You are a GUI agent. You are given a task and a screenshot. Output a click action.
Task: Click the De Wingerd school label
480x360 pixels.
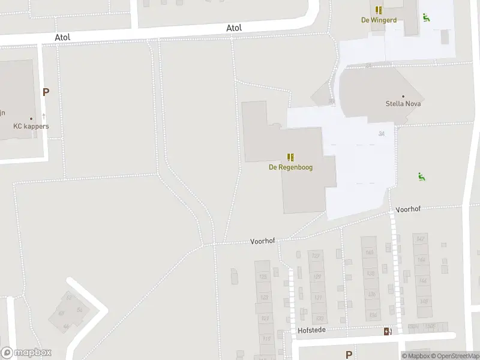tap(379, 20)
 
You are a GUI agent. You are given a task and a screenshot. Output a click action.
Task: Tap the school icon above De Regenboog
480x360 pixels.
tap(290, 157)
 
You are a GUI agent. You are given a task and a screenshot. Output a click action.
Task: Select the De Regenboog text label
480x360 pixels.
tap(290, 167)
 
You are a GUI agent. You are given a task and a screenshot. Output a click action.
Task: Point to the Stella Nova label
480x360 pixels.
tap(403, 104)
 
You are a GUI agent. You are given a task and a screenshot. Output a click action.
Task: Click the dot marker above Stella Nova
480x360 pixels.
tap(403, 96)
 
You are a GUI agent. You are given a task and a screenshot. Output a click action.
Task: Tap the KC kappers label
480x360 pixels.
tap(31, 127)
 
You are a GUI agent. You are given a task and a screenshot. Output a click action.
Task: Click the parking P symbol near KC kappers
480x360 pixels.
tap(46, 92)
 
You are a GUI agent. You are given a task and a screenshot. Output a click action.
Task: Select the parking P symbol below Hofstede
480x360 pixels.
tap(349, 355)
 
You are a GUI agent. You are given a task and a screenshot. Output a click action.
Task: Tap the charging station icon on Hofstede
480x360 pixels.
tap(388, 331)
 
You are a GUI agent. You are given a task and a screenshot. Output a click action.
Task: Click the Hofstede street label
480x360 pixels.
tap(311, 330)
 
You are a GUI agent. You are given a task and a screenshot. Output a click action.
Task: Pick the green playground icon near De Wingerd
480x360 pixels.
tap(427, 17)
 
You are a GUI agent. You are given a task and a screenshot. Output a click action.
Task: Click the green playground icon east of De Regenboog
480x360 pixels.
tap(422, 176)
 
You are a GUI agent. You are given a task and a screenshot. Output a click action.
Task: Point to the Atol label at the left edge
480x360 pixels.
tap(62, 37)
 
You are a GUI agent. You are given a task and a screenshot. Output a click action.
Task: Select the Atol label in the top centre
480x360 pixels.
tap(234, 28)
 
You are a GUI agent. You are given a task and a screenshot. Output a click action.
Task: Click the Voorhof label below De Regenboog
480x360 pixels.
tap(262, 241)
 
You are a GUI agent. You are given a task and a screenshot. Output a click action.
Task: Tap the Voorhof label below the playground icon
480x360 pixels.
tap(408, 209)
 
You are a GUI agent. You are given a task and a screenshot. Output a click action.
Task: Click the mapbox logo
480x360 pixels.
tap(26, 353)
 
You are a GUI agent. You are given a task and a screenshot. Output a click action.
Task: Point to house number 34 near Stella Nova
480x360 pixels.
tap(382, 133)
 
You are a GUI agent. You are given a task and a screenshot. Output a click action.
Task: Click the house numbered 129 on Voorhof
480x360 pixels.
tap(317, 277)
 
